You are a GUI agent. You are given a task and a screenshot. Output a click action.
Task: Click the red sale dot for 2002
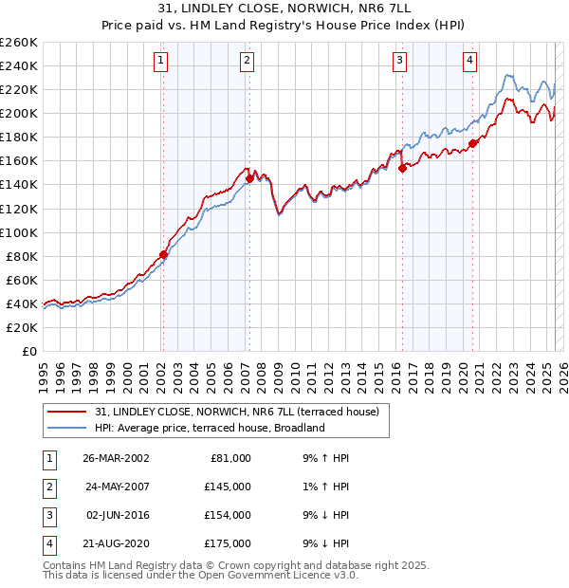(x=163, y=254)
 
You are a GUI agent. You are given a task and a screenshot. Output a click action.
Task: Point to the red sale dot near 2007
(x=249, y=178)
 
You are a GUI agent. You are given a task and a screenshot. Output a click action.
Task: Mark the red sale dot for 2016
(x=402, y=168)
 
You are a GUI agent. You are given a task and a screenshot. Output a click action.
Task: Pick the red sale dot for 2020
(x=472, y=142)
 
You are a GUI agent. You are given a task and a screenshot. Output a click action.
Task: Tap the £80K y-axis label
(x=22, y=256)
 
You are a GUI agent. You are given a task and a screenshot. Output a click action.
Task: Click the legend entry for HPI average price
(x=210, y=428)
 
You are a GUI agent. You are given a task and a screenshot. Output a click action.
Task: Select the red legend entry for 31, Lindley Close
(x=237, y=412)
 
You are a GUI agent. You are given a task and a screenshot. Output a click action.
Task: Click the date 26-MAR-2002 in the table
(x=116, y=458)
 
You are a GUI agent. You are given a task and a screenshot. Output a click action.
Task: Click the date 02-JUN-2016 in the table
(x=116, y=515)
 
